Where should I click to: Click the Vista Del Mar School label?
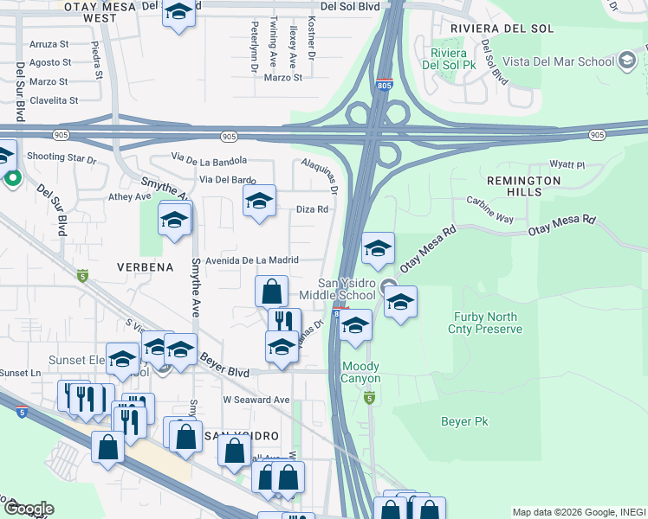pyautogui.click(x=567, y=61)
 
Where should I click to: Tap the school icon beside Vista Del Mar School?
pyautogui.click(x=628, y=61)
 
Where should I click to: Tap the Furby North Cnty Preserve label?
pyautogui.click(x=484, y=323)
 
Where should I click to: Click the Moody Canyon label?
pyautogui.click(x=360, y=373)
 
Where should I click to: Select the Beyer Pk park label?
pyautogui.click(x=465, y=421)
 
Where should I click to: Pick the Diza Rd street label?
pyautogui.click(x=312, y=209)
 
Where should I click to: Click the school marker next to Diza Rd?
pyautogui.click(x=258, y=202)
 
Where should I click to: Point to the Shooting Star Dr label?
pyautogui.click(x=61, y=157)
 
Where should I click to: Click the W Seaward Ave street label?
pyautogui.click(x=256, y=400)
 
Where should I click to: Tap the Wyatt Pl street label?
pyautogui.click(x=567, y=164)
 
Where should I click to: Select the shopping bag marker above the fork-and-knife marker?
pyautogui.click(x=272, y=291)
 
